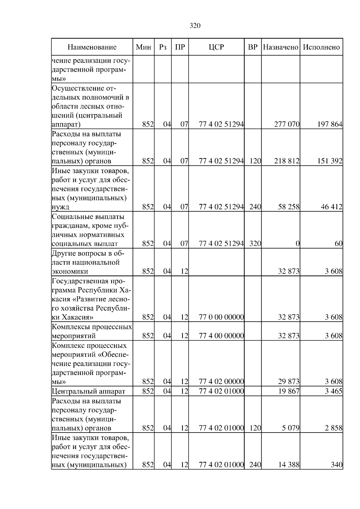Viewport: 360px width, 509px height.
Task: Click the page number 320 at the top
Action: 195,26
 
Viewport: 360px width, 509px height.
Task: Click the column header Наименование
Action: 92,47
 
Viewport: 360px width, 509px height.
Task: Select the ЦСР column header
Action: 216,47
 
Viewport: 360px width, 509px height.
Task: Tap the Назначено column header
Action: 280,47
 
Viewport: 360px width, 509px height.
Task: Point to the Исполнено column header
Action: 321,47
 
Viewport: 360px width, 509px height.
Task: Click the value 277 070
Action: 287,124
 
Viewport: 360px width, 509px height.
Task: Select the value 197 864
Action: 330,124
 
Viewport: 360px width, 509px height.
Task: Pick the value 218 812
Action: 287,161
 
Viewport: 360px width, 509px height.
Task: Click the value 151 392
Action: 330,161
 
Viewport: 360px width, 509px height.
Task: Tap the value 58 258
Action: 289,207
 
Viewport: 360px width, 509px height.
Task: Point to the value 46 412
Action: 331,207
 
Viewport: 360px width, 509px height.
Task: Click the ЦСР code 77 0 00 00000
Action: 221,317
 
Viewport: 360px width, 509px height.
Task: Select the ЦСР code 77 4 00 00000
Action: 221,336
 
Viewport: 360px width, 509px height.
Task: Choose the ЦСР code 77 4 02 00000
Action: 221,382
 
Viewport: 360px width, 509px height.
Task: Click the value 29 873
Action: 289,382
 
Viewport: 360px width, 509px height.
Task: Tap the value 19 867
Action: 289,391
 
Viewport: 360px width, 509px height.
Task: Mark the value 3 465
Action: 333,391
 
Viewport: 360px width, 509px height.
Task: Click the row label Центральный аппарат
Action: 88,391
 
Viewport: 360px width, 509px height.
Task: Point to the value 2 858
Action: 333,428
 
